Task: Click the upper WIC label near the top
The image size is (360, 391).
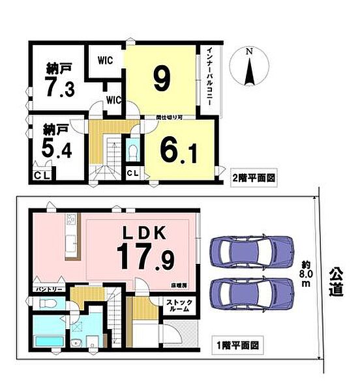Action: coord(106,59)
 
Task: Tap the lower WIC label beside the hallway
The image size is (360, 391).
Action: coord(113,100)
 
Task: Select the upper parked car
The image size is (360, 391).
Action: coord(250,250)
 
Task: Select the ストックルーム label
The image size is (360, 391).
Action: coord(176,305)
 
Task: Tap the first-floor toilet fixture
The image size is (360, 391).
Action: coord(45,303)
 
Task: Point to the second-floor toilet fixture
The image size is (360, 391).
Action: coord(132,151)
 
